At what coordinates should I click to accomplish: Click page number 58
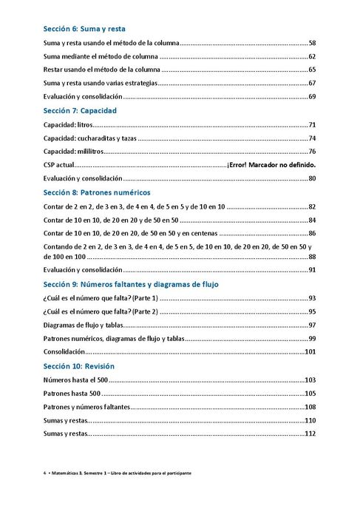tap(312, 44)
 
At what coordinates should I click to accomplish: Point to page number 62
tap(312, 57)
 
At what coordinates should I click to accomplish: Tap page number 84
tap(312, 220)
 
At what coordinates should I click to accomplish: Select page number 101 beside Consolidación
tap(310, 352)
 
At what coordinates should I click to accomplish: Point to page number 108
tap(310, 407)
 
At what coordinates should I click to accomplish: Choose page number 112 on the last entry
tap(310, 434)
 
